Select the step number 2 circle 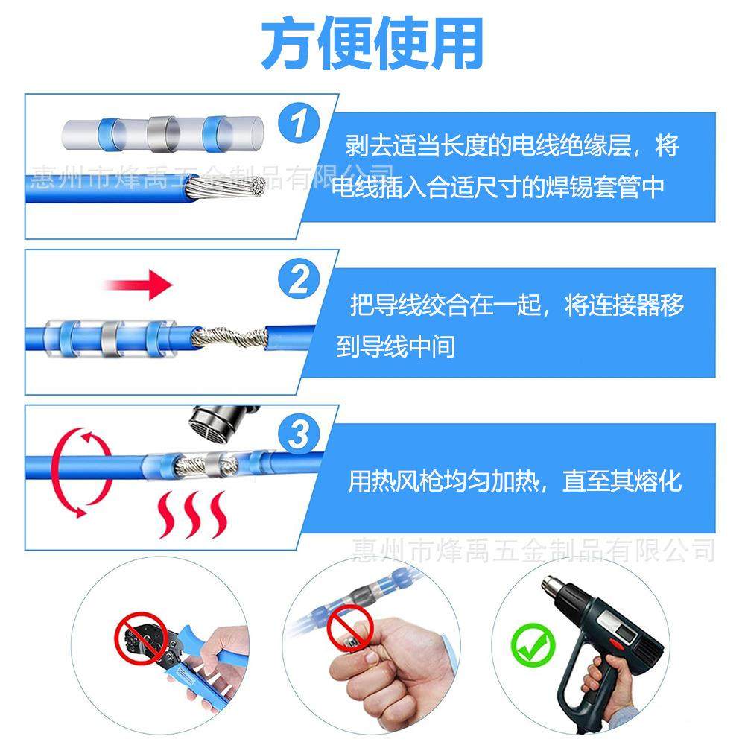pos(300,281)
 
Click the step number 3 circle pos(300,434)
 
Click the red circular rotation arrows pos(82,473)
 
